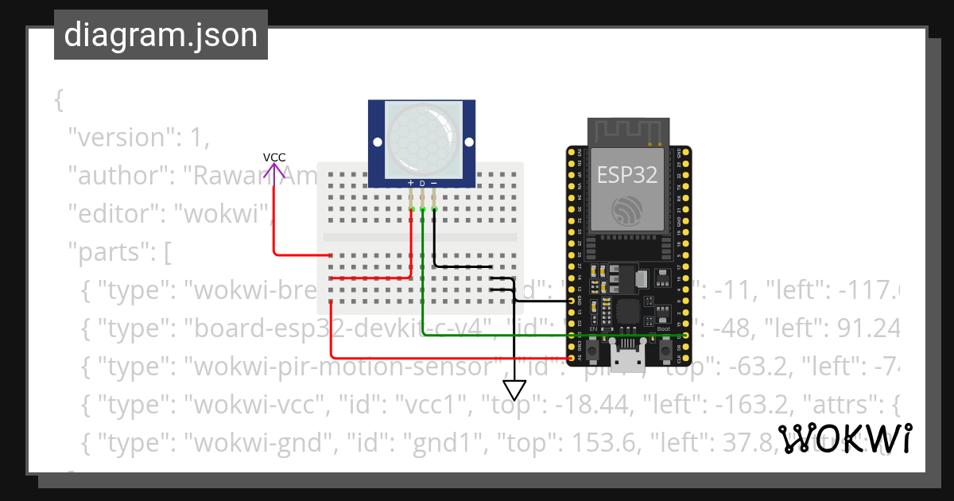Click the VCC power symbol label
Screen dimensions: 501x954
(274, 157)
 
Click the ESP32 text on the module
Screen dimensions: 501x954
(627, 175)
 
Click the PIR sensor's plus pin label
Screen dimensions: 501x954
(410, 183)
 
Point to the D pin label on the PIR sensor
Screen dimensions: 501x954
(422, 184)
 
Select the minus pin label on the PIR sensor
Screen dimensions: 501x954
(434, 183)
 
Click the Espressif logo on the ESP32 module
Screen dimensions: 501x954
(628, 210)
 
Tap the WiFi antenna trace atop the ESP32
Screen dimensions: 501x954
(628, 130)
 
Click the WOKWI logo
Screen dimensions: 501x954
(843, 438)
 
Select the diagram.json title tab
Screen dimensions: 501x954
(161, 35)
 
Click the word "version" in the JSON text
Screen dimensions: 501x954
(119, 138)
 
